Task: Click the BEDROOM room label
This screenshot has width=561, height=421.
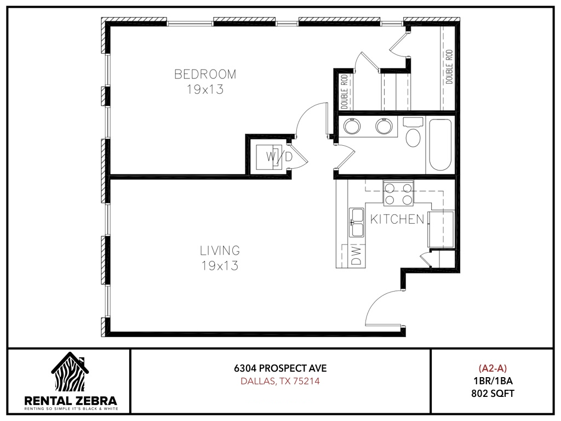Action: pyautogui.click(x=205, y=74)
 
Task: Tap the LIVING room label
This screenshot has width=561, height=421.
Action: pyautogui.click(x=220, y=251)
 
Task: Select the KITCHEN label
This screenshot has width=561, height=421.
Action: pyautogui.click(x=397, y=219)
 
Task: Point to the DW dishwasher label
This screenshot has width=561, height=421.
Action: pyautogui.click(x=357, y=255)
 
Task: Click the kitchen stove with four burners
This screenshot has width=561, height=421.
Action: pyautogui.click(x=398, y=194)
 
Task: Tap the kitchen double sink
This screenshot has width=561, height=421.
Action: pyautogui.click(x=357, y=223)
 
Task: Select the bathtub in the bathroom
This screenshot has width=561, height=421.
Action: pyautogui.click(x=440, y=145)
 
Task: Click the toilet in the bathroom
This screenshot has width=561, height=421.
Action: pyautogui.click(x=413, y=133)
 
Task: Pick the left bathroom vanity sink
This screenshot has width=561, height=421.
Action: pyautogui.click(x=352, y=126)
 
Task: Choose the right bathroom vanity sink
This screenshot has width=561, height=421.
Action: pyautogui.click(x=384, y=126)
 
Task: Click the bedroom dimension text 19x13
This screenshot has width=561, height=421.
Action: pyautogui.click(x=205, y=89)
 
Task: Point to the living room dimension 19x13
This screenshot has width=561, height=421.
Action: pyautogui.click(x=220, y=266)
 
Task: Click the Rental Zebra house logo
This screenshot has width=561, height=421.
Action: pyautogui.click(x=70, y=372)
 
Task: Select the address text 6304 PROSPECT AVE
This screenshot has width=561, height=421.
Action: pyautogui.click(x=280, y=368)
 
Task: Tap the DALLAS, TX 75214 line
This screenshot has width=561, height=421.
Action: pyautogui.click(x=280, y=381)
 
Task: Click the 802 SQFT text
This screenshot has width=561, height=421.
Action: pyautogui.click(x=493, y=394)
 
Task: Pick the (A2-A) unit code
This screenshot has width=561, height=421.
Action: pyautogui.click(x=493, y=368)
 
